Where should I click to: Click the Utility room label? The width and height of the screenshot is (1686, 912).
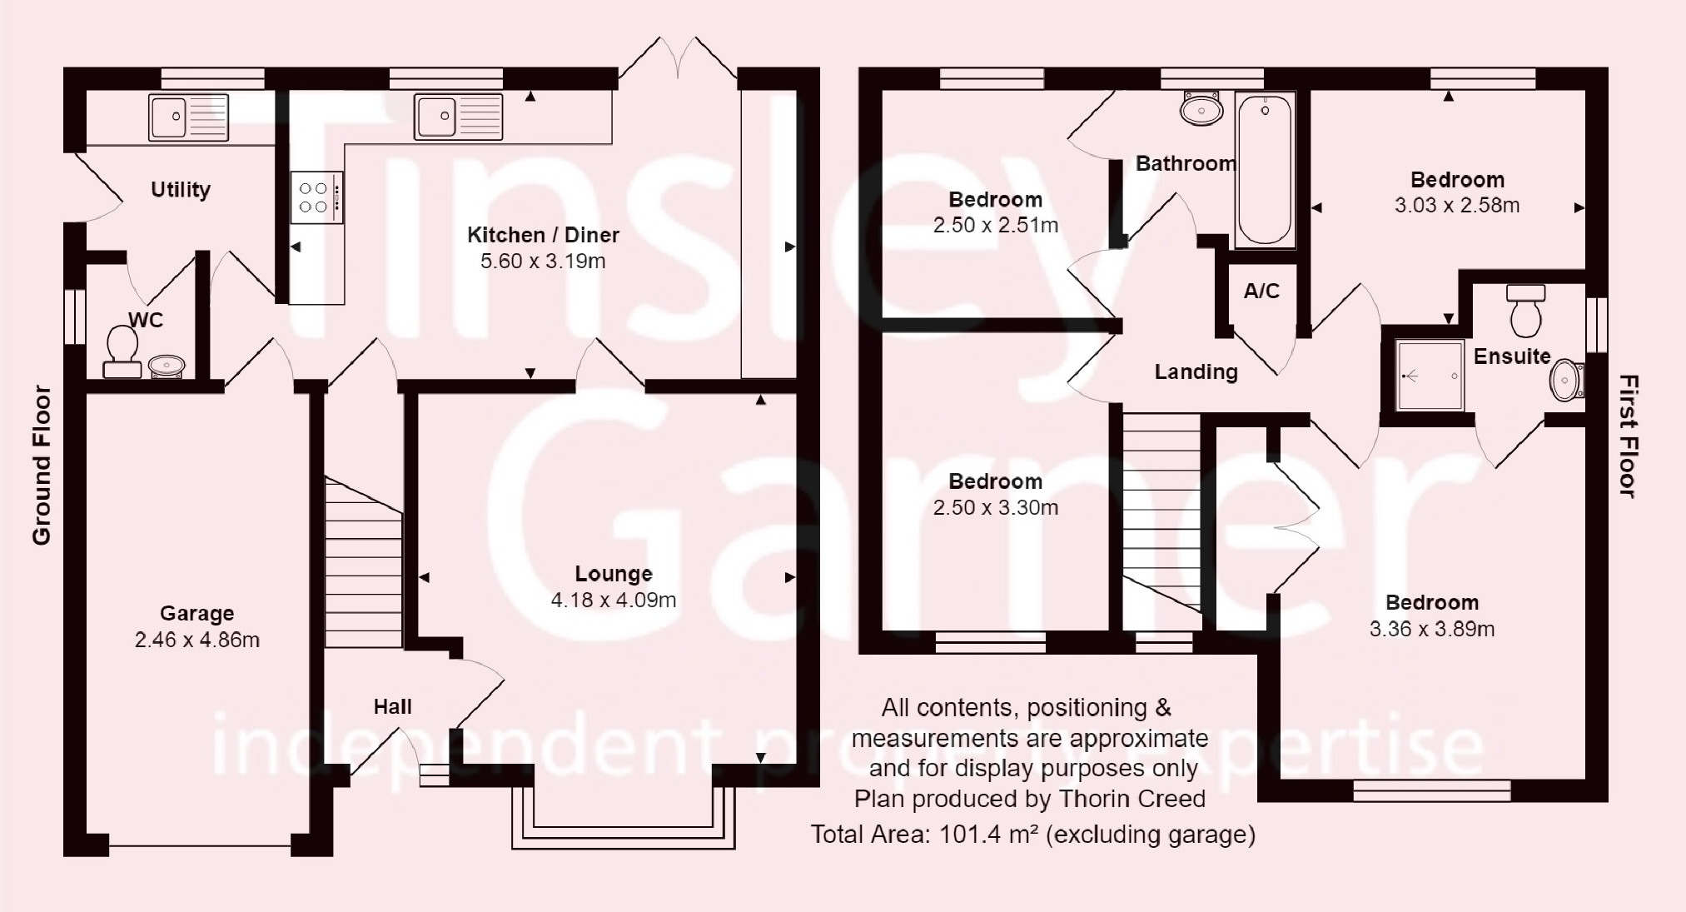pos(181,190)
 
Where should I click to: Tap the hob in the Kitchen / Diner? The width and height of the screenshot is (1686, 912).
pos(316,197)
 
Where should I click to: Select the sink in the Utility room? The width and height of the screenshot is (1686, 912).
pos(189,117)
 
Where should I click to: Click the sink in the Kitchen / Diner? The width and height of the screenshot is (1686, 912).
pos(460,116)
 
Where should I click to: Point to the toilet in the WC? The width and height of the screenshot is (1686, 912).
pos(122,351)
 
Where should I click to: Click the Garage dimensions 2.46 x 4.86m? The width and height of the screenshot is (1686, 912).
pos(197,640)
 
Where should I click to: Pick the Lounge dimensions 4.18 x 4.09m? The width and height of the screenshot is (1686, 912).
pos(614,600)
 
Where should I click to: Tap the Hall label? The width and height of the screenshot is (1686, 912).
pos(392,707)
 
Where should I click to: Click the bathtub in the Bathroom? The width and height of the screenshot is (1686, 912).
pos(1265,170)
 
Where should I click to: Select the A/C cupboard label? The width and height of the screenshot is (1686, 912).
pos(1261,292)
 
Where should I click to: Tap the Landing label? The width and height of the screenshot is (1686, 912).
pos(1196,372)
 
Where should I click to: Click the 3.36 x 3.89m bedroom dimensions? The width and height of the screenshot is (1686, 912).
pos(1432,630)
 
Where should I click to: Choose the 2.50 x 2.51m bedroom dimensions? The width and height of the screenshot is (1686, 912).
pos(996,226)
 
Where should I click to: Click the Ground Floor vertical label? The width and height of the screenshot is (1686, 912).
pos(42,466)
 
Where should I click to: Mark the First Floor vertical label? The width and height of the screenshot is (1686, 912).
pos(1629,436)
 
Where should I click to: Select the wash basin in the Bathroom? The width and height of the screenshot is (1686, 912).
pos(1201,108)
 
